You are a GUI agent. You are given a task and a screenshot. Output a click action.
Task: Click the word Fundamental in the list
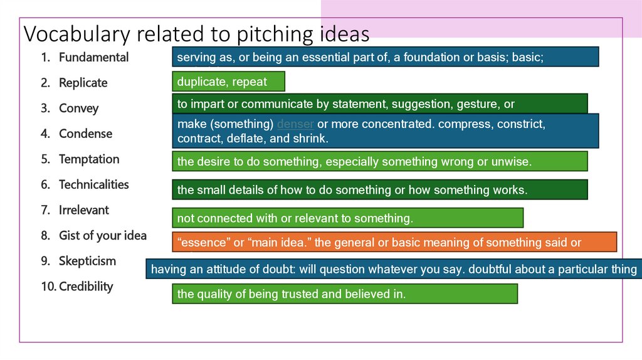[93, 57]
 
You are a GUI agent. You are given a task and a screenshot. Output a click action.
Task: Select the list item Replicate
[83, 83]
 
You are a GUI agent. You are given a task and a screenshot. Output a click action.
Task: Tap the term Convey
[78, 109]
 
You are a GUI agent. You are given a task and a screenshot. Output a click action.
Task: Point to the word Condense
[85, 134]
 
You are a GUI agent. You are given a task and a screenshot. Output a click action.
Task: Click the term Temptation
[89, 159]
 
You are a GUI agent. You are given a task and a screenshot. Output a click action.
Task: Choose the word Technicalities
[93, 184]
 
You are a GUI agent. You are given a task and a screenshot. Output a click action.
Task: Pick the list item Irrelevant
[83, 210]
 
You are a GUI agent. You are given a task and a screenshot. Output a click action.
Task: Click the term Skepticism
[87, 261]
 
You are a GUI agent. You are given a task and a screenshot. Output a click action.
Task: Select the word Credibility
[86, 287]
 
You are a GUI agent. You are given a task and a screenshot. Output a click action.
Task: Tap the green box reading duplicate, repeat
[228, 82]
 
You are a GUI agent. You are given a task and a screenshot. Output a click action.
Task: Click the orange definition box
[394, 242]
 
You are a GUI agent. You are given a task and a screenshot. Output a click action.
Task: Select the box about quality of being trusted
[344, 294]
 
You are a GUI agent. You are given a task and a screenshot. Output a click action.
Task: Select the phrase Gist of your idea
[102, 236]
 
